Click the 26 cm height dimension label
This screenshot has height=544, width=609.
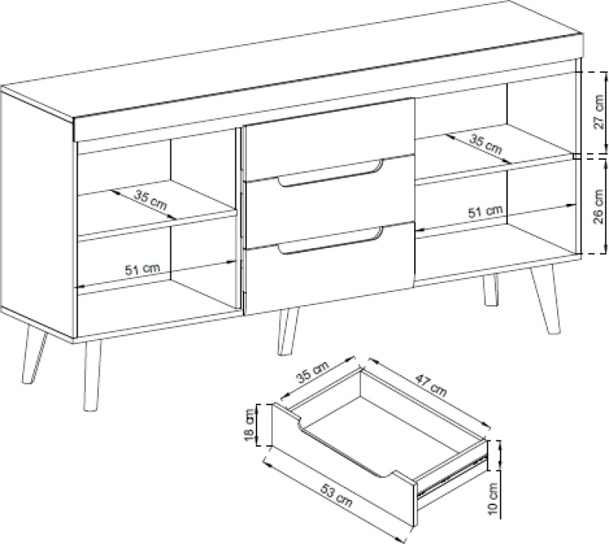point(600,207)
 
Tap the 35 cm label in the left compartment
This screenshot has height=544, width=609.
point(150,199)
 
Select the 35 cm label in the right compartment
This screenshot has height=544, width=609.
point(486,142)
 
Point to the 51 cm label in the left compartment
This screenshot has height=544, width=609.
point(142,269)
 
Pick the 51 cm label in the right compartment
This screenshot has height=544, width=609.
point(485,212)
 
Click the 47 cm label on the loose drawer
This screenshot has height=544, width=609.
point(431,384)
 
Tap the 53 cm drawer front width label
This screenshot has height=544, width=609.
point(336,495)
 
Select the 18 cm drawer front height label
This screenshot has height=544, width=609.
point(249,425)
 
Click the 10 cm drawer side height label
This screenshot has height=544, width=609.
point(492,499)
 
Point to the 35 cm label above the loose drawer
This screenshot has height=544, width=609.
point(313,371)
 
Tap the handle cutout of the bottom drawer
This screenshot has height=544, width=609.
point(330,240)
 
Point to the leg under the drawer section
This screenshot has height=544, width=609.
point(289,331)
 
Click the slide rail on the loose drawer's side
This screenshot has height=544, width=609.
point(451,476)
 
